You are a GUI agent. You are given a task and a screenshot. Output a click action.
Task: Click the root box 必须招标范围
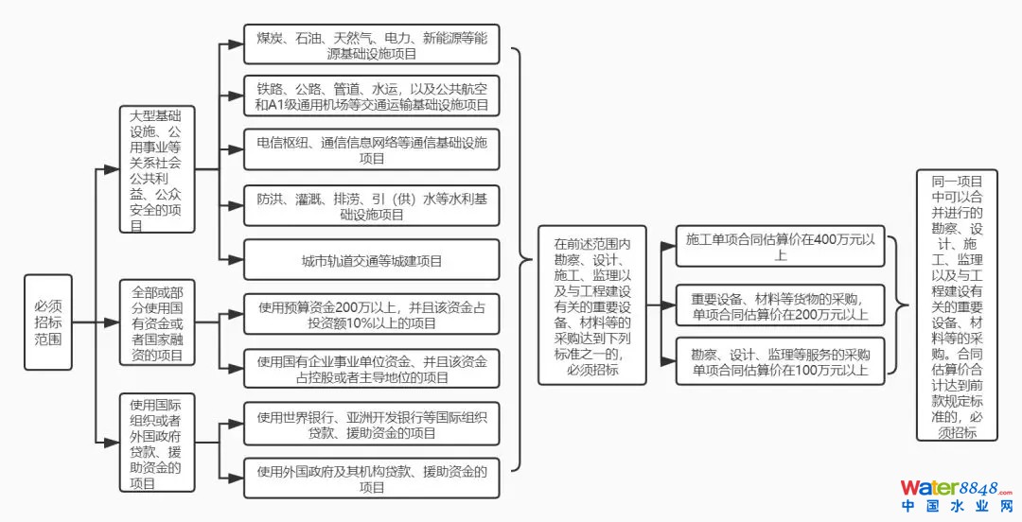48,322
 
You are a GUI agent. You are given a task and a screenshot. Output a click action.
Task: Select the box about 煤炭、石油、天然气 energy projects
371,44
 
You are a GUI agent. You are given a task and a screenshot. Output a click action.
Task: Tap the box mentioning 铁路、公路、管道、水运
371,96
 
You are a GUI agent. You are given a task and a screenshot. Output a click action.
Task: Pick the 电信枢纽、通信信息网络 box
371,149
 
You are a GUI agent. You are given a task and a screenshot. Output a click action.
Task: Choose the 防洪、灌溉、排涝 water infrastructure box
371,205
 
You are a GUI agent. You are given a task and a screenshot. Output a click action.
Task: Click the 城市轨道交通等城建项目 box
371,260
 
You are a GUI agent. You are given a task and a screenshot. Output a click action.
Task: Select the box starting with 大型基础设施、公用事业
157,168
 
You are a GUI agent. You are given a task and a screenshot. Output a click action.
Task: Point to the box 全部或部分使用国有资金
157,322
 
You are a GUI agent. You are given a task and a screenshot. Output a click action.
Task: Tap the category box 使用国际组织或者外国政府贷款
157,442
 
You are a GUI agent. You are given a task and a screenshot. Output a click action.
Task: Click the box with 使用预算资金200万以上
371,314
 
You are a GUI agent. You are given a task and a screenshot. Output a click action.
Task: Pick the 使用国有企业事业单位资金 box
371,369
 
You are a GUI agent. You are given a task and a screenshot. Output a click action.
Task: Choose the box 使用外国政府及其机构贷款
371,478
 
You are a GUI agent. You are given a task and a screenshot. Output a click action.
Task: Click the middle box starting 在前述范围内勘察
592,305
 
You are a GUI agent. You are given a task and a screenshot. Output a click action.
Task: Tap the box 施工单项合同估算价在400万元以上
781,247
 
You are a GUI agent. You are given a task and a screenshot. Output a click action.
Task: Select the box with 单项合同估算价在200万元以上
781,305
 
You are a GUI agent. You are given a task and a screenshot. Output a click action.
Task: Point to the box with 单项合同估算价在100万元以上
781,361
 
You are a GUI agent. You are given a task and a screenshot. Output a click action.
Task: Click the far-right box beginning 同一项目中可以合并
956,305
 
